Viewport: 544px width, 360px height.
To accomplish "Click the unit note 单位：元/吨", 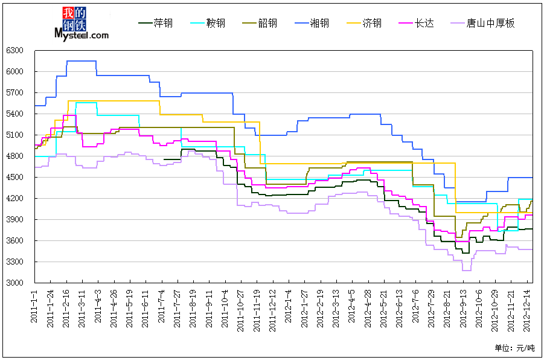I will click(x=514, y=348).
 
